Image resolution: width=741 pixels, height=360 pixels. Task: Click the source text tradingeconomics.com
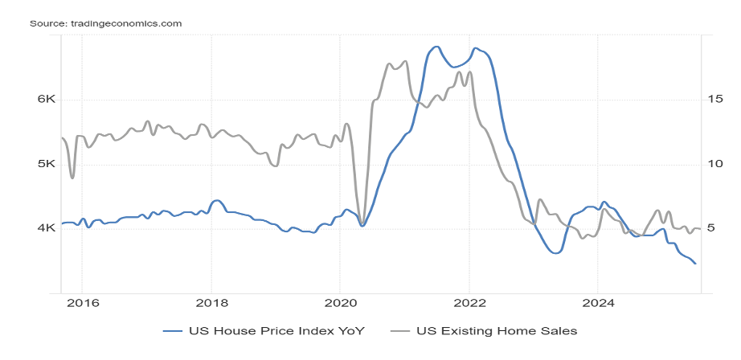[x=105, y=23]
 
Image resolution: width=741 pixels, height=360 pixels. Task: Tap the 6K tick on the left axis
[x=44, y=100]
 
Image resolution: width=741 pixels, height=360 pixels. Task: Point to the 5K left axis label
[x=44, y=164]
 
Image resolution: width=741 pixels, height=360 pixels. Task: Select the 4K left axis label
[x=44, y=228]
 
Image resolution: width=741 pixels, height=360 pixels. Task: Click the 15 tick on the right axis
[x=716, y=100]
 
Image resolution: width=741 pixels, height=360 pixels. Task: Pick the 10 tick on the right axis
[x=716, y=164]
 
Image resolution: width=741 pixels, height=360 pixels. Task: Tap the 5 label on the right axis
[x=713, y=228]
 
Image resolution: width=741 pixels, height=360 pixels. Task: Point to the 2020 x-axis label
[x=339, y=304]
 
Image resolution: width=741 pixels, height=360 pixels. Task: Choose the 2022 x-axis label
[x=469, y=304]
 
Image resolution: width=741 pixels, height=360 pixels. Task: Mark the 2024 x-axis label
[x=597, y=304]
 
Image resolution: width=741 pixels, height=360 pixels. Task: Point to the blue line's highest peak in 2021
[x=436, y=47]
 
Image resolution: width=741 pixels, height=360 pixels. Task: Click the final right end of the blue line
[x=695, y=264]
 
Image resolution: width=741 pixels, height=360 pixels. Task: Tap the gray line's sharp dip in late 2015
[x=72, y=178]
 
